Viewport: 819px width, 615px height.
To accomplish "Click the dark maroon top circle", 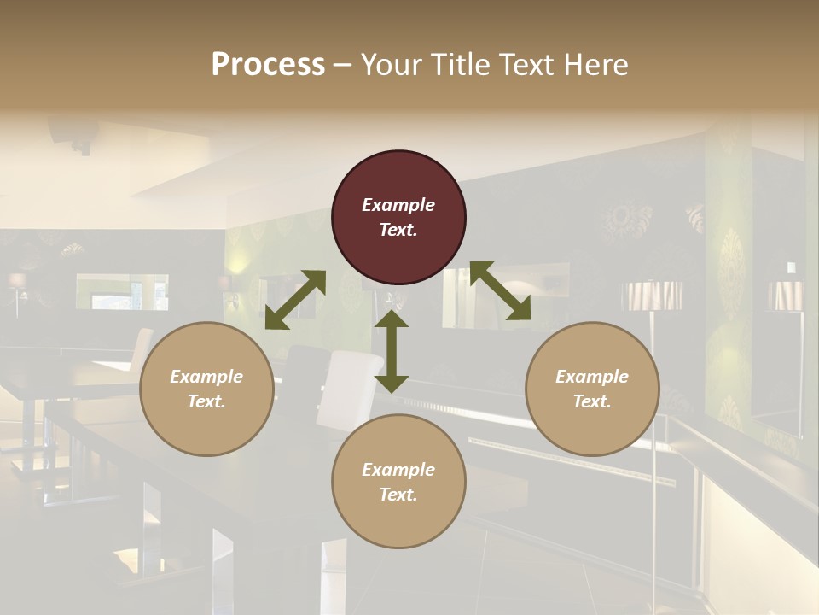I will pyautogui.click(x=398, y=218).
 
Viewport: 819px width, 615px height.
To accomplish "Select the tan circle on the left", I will pyautogui.click(x=206, y=389).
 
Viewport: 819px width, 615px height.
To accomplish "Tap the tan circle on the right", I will pyautogui.click(x=592, y=389).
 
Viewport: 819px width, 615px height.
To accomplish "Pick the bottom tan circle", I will pyautogui.click(x=398, y=482).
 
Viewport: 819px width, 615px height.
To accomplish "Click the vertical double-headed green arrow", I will pyautogui.click(x=392, y=351).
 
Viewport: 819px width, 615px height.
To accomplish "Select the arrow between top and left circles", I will pyautogui.click(x=295, y=300).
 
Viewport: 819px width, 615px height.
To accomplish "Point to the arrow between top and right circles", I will pyautogui.click(x=500, y=291).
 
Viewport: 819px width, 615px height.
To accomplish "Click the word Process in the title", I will pyautogui.click(x=268, y=64).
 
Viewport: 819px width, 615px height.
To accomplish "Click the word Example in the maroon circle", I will pyautogui.click(x=398, y=205).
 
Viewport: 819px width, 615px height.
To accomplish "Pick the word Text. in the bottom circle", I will pyautogui.click(x=398, y=495).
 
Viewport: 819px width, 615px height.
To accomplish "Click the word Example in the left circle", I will pyautogui.click(x=206, y=377).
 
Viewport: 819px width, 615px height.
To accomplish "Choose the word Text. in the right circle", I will pyautogui.click(x=592, y=401).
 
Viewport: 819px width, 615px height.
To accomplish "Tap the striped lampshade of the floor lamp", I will pyautogui.click(x=653, y=296).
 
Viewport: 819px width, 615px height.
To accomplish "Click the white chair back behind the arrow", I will pyautogui.click(x=348, y=389).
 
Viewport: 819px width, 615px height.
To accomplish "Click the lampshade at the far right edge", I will pyautogui.click(x=785, y=296).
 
